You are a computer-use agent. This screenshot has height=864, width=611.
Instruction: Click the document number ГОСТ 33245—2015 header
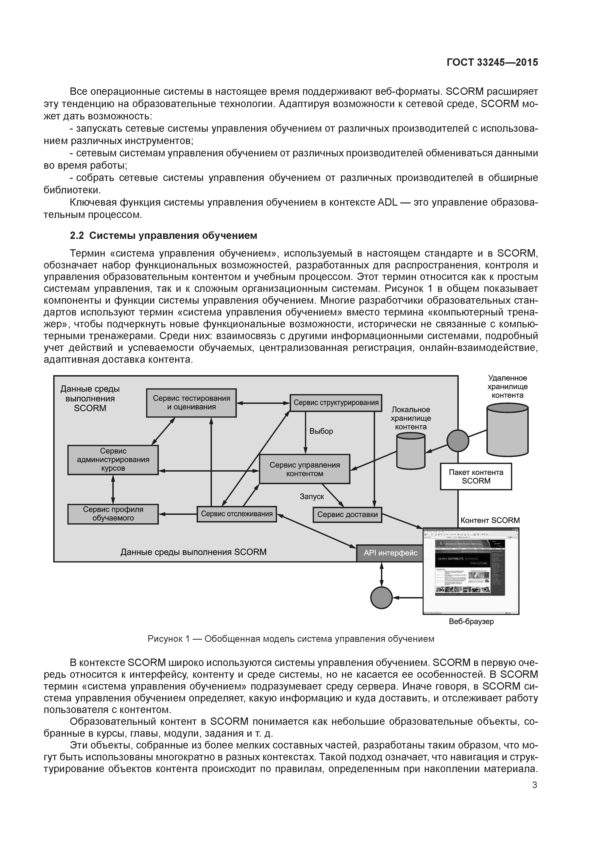click(x=492, y=63)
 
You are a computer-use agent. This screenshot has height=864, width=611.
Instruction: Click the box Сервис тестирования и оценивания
click(x=191, y=403)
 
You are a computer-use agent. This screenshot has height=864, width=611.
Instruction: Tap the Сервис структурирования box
click(x=336, y=403)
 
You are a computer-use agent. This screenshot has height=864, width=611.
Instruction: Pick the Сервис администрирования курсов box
click(x=113, y=460)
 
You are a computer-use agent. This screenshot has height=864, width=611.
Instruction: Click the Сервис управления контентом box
click(x=305, y=469)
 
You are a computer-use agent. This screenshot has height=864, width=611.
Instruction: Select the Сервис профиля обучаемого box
click(x=113, y=514)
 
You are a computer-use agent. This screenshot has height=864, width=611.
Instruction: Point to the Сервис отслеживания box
click(x=237, y=514)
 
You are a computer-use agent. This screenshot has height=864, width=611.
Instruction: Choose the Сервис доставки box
click(x=347, y=515)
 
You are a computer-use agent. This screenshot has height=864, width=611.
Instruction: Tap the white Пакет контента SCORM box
click(x=476, y=476)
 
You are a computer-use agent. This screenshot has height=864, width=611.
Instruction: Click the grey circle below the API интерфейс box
click(x=381, y=598)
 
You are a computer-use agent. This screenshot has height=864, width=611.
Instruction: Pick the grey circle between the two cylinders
click(x=458, y=441)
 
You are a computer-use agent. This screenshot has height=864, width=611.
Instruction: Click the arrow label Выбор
click(x=321, y=431)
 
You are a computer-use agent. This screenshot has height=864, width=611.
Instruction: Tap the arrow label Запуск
click(x=312, y=497)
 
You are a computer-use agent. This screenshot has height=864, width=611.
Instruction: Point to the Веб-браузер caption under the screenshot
click(x=471, y=622)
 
